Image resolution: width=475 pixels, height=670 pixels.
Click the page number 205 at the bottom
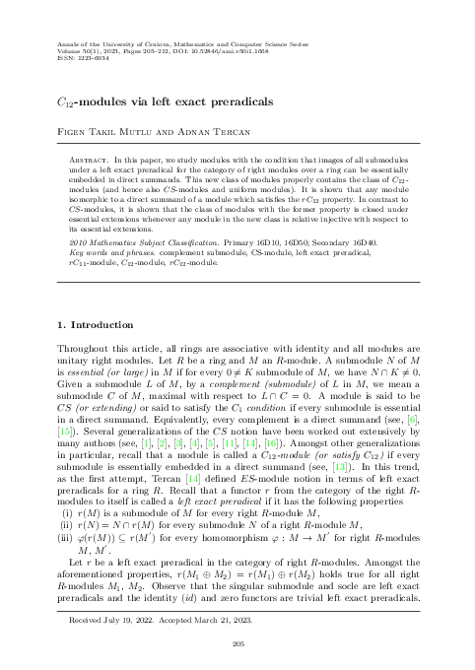(237, 643)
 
